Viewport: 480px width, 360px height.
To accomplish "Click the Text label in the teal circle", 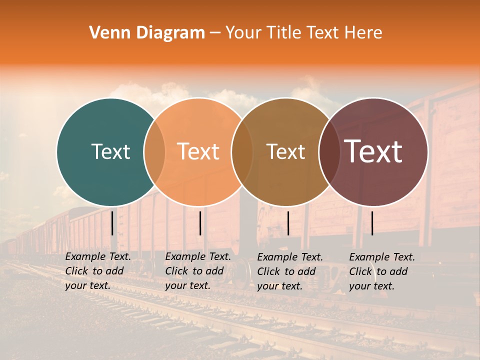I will [110, 151].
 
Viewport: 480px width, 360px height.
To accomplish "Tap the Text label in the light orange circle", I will [198, 151].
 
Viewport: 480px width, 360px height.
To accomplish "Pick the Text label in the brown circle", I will [285, 151].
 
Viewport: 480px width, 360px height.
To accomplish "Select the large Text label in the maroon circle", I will [373, 151].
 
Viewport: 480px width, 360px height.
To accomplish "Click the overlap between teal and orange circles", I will [154, 152].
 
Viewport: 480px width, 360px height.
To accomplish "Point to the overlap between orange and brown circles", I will [242, 152].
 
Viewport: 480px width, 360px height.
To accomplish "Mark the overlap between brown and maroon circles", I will [329, 152].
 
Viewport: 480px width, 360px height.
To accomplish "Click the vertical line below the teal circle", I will [112, 223].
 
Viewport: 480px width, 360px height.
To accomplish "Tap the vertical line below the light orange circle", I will [200, 223].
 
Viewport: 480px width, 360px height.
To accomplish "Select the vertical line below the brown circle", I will [288, 223].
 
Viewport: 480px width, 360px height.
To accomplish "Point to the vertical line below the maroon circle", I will [372, 223].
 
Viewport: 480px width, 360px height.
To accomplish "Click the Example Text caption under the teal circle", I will [98, 271].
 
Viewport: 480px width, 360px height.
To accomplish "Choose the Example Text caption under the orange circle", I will [198, 271].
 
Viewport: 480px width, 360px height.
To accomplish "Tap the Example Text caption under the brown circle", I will [290, 271].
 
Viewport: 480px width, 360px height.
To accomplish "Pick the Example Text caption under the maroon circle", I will [382, 271].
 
